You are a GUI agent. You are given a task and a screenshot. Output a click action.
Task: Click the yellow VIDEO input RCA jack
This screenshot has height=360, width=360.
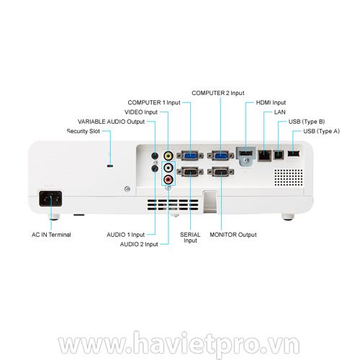pyautogui.click(x=168, y=156)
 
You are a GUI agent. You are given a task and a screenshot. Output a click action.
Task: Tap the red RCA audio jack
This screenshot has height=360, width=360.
pyautogui.click(x=168, y=179)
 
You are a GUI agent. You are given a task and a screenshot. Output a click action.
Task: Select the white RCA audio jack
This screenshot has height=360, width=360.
pyautogui.click(x=168, y=168)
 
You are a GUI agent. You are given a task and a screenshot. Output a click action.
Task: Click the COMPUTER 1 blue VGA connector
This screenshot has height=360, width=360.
pyautogui.click(x=190, y=156)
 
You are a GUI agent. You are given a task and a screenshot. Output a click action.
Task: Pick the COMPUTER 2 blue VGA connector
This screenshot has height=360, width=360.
pyautogui.click(x=220, y=156)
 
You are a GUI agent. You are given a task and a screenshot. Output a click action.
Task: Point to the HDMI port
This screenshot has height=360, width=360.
pyautogui.click(x=246, y=153)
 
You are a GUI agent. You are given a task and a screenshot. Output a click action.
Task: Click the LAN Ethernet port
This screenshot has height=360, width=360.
pyautogui.click(x=264, y=156)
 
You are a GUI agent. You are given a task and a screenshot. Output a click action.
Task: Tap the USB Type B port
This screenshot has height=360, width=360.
pyautogui.click(x=279, y=155)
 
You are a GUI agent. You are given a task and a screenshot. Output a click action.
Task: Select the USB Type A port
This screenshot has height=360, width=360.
pyautogui.click(x=294, y=153)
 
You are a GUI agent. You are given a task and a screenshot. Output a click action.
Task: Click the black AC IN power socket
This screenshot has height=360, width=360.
pyautogui.click(x=50, y=199)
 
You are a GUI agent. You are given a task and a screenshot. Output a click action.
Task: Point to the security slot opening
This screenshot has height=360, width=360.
pyautogui.click(x=110, y=166)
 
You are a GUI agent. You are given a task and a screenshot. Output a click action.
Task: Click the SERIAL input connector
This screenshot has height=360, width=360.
pyautogui.click(x=190, y=172)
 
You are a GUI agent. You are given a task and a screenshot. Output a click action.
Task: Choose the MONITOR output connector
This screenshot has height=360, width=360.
pyautogui.click(x=220, y=172)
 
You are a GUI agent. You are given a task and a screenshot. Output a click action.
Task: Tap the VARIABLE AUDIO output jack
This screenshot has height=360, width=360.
pyautogui.click(x=155, y=156)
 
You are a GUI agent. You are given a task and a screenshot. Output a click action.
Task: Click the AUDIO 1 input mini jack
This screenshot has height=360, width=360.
pyautogui.click(x=155, y=168)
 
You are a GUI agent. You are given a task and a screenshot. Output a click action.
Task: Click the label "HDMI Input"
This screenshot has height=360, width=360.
pyautogui.click(x=271, y=102)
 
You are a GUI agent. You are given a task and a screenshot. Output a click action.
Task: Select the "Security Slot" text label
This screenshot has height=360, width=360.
pyautogui.click(x=84, y=131)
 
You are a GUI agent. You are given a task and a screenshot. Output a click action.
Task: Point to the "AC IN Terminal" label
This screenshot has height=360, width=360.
pyautogui.click(x=51, y=235)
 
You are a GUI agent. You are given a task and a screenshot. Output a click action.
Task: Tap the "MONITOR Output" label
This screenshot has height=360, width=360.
pyautogui.click(x=233, y=235)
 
